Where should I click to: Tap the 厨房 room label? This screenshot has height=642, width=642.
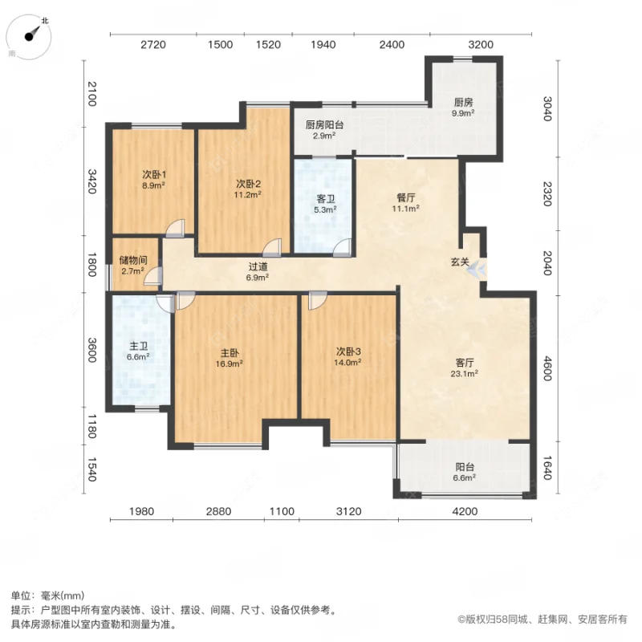463,103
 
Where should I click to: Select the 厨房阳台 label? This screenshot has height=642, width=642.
324,124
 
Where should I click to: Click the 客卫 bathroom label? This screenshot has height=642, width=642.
324,199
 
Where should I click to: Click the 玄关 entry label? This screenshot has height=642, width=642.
460,262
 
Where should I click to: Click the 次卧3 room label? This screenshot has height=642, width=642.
348,351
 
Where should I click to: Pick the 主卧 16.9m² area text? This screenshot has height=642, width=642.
229,363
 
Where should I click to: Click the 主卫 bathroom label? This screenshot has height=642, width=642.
139,347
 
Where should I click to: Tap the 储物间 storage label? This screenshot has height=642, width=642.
132,261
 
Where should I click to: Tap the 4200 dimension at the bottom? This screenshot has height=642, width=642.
465,511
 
